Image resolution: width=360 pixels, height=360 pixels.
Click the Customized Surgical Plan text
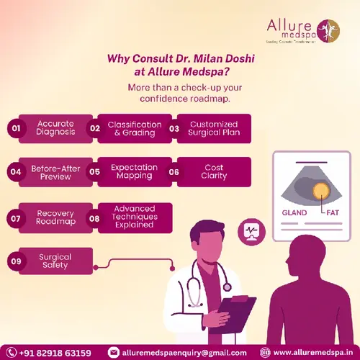coord(214,128)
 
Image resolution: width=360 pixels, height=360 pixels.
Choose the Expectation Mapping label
coord(135,171)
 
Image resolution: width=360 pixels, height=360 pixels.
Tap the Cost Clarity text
coord(214,171)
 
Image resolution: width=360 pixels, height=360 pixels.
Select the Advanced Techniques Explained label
coord(134,217)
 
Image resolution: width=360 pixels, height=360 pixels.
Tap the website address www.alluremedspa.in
coord(314,352)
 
